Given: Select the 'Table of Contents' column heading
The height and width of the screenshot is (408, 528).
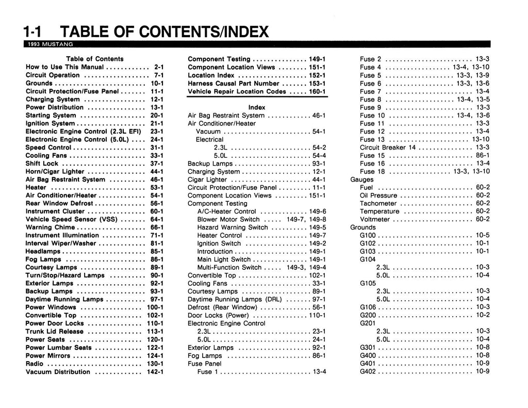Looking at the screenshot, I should click(94, 59).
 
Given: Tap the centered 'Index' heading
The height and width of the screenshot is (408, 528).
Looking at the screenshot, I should click(257, 107).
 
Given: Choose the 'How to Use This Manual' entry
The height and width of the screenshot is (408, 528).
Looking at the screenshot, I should click(65, 67).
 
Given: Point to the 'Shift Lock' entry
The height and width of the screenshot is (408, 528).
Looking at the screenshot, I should click(42, 164).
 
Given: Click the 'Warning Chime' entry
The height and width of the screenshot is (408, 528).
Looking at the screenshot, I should click(50, 227).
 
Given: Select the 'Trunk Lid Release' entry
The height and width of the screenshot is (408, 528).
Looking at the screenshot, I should click(54, 332).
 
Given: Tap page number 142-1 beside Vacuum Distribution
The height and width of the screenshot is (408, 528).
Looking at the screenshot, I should click(155, 372).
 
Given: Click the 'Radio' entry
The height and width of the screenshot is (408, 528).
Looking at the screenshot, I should click(35, 364).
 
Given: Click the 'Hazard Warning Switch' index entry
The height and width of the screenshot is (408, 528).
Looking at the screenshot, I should click(233, 227).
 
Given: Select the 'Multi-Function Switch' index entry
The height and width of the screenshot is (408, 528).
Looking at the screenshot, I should click(229, 267).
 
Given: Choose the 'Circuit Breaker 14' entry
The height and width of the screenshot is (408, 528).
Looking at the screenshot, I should click(387, 148).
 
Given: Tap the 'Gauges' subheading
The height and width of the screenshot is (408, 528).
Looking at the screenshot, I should click(361, 179).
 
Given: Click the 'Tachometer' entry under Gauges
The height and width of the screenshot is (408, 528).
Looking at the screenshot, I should click(379, 203).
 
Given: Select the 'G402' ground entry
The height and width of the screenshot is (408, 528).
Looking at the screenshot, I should click(369, 371).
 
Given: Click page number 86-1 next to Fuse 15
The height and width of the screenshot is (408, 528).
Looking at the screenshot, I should click(483, 155).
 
